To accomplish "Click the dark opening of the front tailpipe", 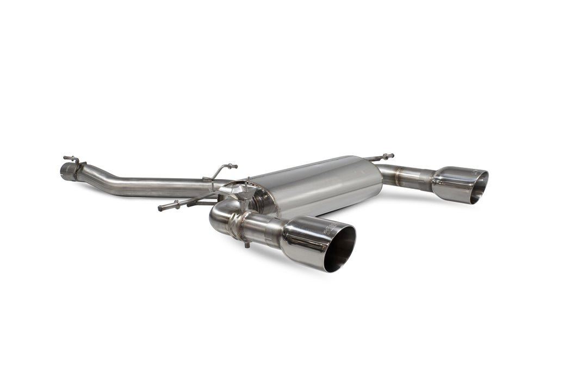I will [340, 249].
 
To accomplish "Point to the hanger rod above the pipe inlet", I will [71, 159].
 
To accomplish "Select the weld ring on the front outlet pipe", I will [235, 224].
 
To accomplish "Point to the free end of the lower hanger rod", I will [161, 208].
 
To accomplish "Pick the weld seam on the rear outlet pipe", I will [398, 175].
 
